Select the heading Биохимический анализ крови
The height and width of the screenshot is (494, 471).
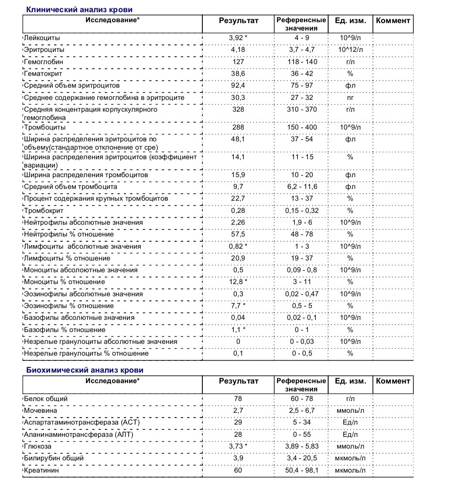tap(85, 370)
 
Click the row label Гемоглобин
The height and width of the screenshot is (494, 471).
tap(44, 62)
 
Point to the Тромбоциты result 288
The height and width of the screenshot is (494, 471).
tap(238, 127)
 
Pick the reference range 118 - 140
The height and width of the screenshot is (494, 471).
tap(302, 62)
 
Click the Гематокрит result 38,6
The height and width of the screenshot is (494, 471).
tap(238, 74)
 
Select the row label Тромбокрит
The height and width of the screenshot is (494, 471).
tap(44, 211)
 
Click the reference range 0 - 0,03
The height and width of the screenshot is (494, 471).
tap(302, 342)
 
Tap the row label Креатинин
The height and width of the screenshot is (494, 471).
tap(41, 470)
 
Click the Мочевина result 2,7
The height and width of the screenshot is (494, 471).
tap(238, 411)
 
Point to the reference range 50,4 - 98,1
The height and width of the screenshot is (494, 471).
tap(302, 470)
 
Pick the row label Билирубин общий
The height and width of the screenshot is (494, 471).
tap(54, 458)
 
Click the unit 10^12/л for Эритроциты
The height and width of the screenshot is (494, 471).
tap(350, 50)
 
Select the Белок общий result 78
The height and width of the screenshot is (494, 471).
tap(238, 399)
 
